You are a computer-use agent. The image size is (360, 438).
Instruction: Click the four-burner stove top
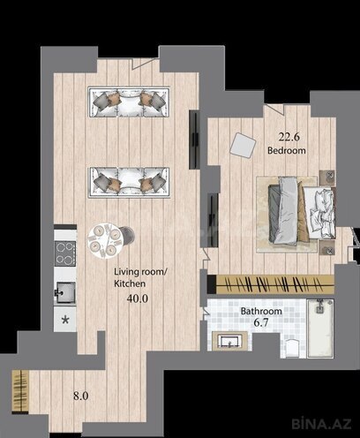pyautogui.click(x=65, y=253)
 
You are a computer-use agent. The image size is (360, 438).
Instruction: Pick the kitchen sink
pyautogui.click(x=65, y=291)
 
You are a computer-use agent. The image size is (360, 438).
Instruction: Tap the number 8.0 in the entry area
pyautogui.click(x=80, y=396)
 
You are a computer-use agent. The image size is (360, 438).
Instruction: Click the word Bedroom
pyautogui.click(x=287, y=151)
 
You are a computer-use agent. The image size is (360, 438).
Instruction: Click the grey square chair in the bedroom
pyautogui.click(x=243, y=144)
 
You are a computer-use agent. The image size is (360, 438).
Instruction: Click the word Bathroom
pyautogui.click(x=261, y=312)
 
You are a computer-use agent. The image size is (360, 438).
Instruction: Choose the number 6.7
pyautogui.click(x=261, y=326)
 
